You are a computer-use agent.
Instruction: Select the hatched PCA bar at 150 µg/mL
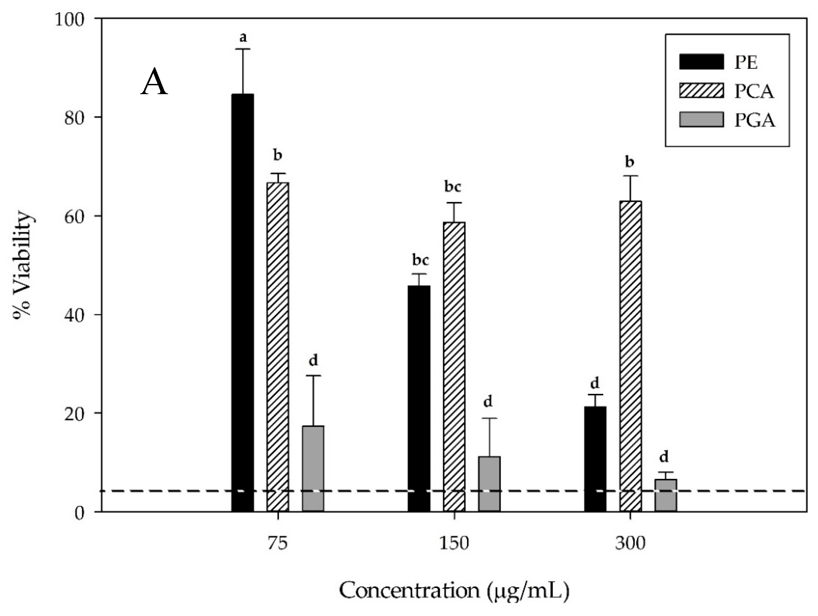click(x=454, y=366)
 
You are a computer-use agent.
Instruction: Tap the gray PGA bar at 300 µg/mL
click(x=666, y=496)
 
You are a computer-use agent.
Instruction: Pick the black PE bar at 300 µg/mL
click(x=595, y=459)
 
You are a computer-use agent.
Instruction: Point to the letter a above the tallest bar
click(x=243, y=37)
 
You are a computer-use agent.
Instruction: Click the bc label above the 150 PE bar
click(x=421, y=260)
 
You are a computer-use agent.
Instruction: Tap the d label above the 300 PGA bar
click(x=664, y=457)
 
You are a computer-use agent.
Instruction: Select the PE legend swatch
click(x=701, y=62)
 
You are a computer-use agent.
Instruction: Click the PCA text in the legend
click(x=754, y=91)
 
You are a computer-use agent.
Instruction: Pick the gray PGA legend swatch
click(x=701, y=120)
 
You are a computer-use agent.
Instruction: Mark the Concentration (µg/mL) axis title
click(x=454, y=591)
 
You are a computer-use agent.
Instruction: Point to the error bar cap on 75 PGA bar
click(x=313, y=376)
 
